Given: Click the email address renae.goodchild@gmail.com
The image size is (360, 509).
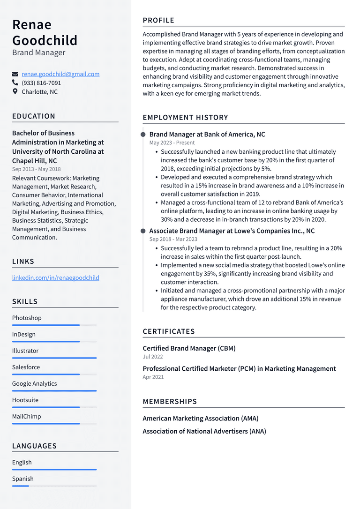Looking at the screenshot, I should click(x=60, y=74).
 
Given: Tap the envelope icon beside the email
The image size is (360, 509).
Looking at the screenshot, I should click(x=15, y=74).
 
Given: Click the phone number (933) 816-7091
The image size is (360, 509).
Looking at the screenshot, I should click(x=41, y=83).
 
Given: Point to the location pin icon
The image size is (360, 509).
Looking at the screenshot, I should click(x=15, y=91).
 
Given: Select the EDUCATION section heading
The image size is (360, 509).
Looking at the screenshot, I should click(x=34, y=116).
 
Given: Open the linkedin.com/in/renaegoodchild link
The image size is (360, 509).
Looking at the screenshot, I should click(x=56, y=277).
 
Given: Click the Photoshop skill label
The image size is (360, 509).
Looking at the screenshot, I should click(x=27, y=318).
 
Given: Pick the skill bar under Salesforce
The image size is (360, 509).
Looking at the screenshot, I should click(x=54, y=374).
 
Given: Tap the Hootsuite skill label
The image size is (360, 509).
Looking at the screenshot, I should click(x=25, y=400).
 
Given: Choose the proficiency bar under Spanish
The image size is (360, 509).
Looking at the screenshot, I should click(x=54, y=486).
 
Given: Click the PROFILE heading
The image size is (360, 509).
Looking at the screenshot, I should click(x=158, y=20).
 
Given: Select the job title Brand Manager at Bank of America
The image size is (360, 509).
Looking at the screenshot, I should click(x=207, y=135).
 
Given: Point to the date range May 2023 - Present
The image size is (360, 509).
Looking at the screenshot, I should click(x=172, y=142).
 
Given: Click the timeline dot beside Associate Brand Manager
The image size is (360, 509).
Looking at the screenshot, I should click(x=143, y=231).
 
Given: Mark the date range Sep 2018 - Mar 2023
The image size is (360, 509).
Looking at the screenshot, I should click(x=173, y=239).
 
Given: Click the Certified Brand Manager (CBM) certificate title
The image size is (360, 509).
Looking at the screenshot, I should click(x=189, y=348).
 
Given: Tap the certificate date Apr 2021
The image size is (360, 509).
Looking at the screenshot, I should click(x=153, y=377).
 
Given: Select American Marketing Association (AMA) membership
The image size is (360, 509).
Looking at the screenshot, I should click(x=201, y=418).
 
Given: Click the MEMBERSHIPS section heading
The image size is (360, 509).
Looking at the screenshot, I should click(x=170, y=402).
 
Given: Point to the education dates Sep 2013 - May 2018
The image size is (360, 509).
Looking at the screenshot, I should click(x=37, y=169).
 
